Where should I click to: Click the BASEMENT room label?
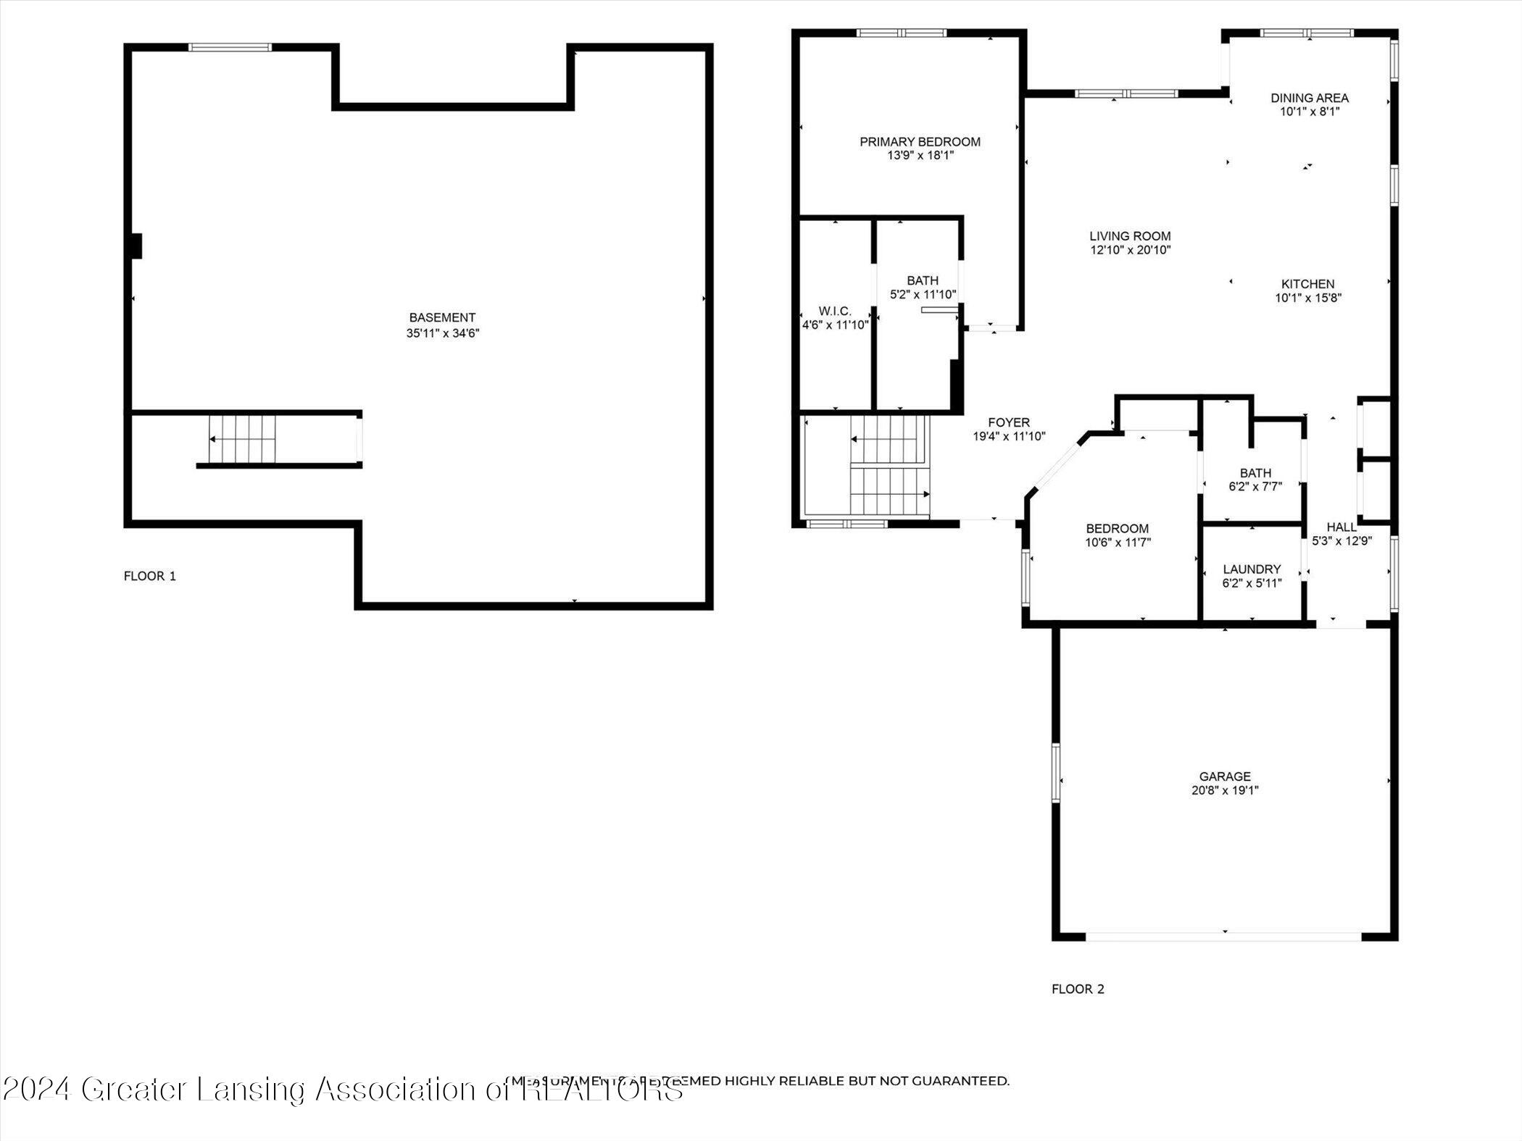tap(442, 317)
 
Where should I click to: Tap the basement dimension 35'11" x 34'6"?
tap(442, 333)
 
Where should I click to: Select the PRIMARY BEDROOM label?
tap(920, 142)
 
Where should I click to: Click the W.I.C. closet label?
tap(835, 311)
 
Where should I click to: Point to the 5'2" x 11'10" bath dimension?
tap(923, 295)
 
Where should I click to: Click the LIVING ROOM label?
tap(1130, 236)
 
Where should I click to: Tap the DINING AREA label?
tap(1309, 98)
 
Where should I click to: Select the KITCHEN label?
tap(1307, 284)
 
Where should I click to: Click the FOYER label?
tap(1008, 422)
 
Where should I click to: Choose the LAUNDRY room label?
tap(1252, 569)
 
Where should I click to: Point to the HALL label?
tap(1341, 527)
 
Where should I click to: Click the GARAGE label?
tap(1224, 777)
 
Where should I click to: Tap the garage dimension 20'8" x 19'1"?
tap(1224, 790)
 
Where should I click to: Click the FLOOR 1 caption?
tap(149, 576)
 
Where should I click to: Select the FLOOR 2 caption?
tap(1078, 989)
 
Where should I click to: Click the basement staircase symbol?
tap(242, 439)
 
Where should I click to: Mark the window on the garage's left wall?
tap(1056, 772)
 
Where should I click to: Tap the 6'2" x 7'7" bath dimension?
tap(1255, 487)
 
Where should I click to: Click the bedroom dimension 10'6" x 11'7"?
tap(1118, 542)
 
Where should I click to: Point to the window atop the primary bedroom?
tap(901, 33)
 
